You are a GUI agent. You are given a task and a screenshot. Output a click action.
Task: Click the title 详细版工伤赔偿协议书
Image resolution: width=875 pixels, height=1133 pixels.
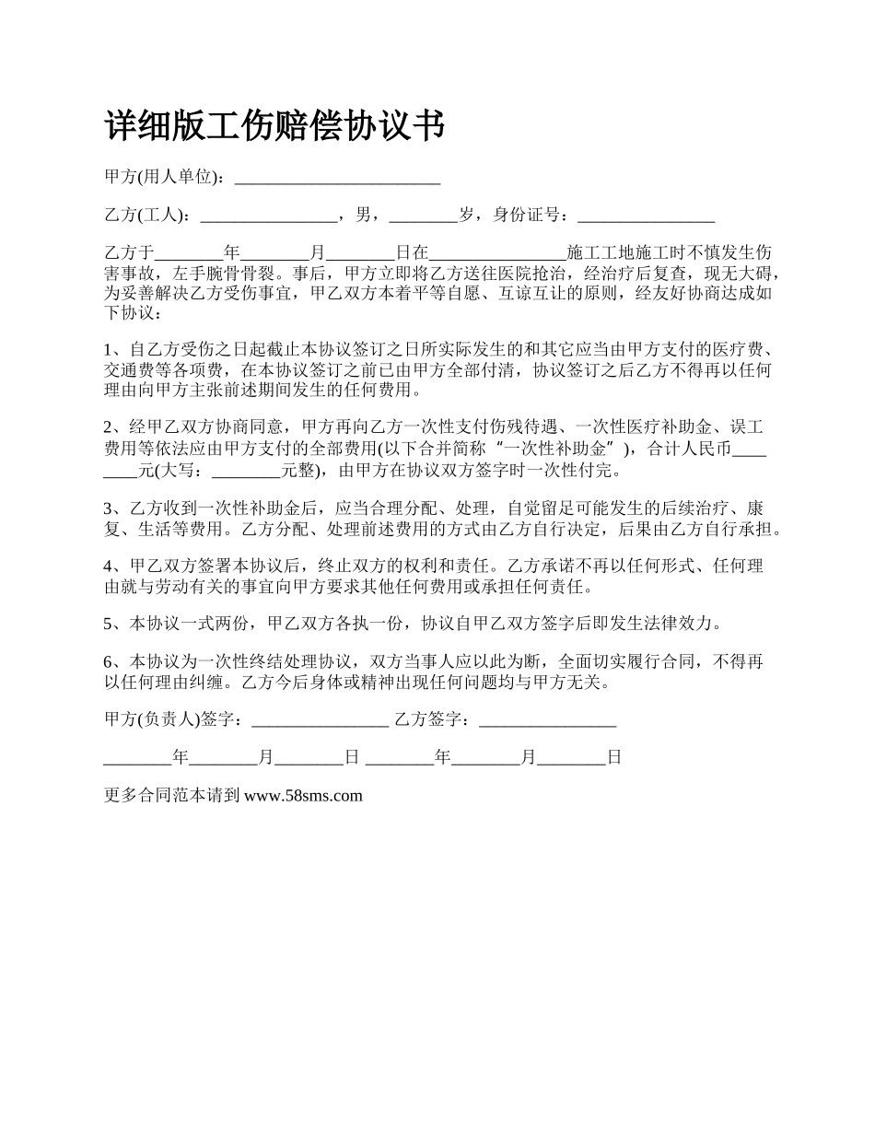275,126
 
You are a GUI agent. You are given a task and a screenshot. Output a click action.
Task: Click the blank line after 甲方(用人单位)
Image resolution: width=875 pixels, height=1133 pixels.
337,180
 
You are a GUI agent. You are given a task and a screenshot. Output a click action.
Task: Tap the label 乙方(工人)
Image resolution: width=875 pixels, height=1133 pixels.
146,216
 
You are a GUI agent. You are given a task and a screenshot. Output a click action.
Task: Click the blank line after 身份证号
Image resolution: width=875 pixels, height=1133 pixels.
646,217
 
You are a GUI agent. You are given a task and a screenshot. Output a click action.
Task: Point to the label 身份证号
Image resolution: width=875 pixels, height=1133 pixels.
529,216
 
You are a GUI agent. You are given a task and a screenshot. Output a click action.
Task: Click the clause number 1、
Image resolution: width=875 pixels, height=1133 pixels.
116,350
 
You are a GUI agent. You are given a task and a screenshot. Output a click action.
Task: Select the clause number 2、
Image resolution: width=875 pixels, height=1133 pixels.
116,428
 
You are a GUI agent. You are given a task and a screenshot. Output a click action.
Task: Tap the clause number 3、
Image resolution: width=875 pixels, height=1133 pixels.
116,508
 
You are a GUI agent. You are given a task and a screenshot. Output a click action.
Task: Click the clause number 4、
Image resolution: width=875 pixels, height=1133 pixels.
116,566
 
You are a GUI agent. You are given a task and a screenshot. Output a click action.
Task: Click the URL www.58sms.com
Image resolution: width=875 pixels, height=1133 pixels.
303,796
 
